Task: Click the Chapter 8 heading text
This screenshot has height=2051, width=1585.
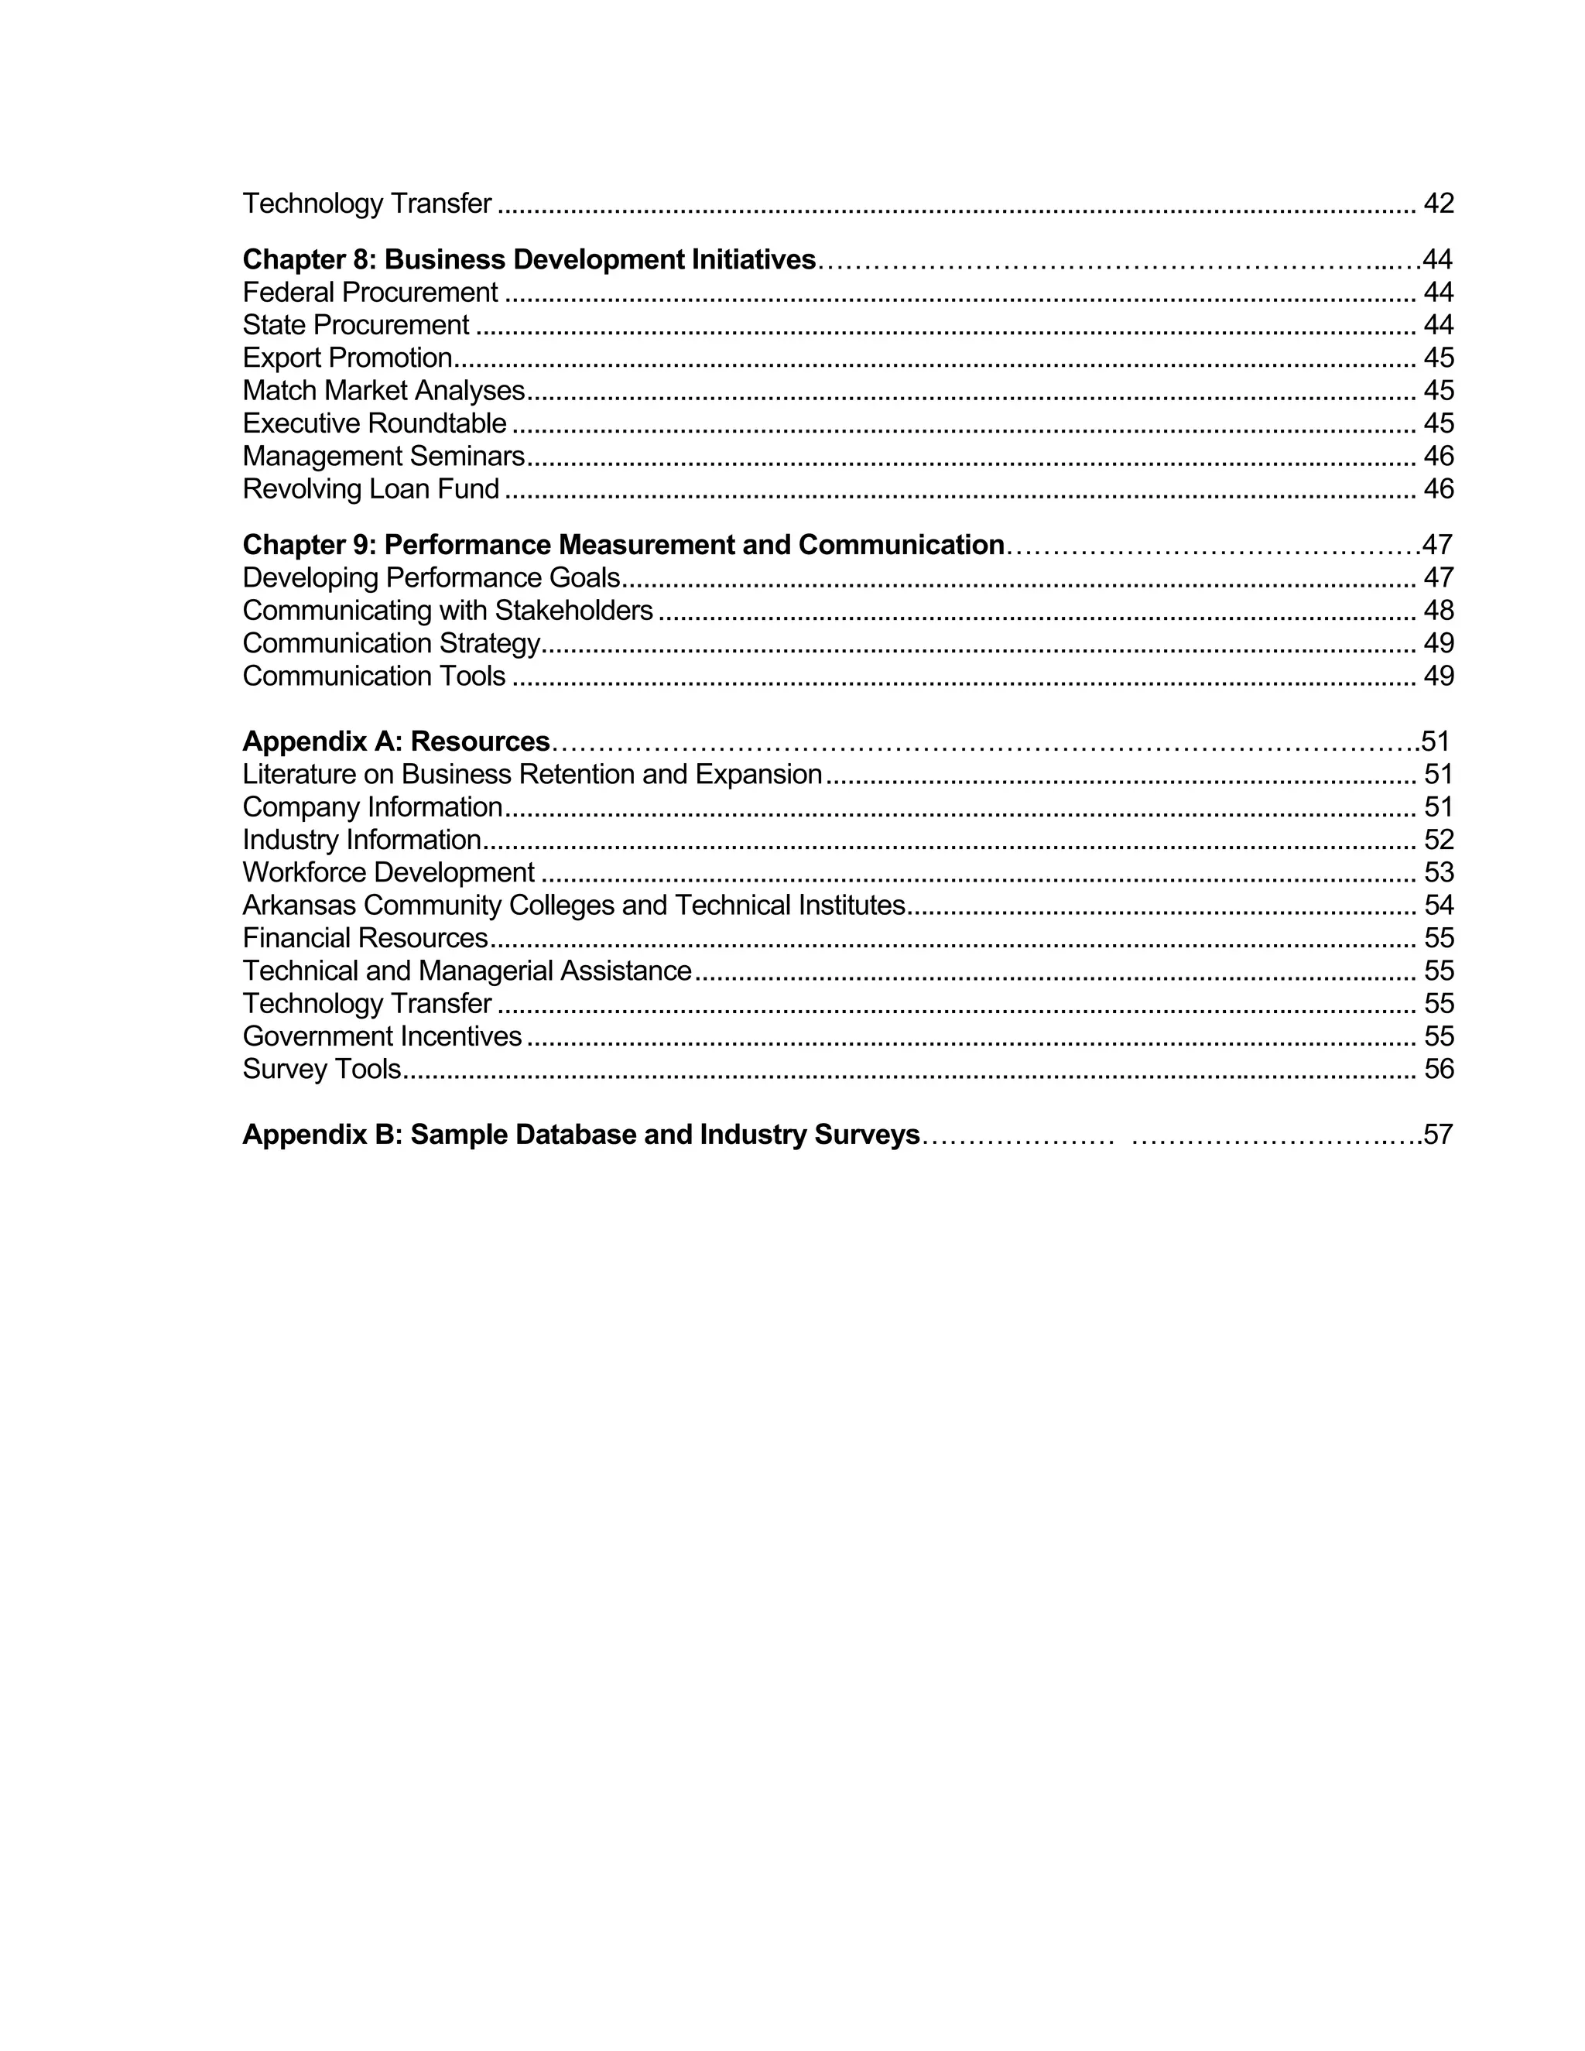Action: coord(529,259)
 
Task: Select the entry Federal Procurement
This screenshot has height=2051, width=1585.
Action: coord(370,292)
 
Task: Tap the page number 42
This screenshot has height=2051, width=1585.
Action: coord(1438,203)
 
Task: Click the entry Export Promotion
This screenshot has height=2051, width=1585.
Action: coord(347,358)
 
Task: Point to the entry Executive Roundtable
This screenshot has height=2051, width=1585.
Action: coord(374,423)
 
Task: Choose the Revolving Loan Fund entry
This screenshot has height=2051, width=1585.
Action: coord(370,489)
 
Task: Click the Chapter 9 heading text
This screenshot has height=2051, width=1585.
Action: coord(622,545)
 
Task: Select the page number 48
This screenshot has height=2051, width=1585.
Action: coord(1438,611)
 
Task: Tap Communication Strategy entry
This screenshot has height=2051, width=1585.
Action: coord(391,643)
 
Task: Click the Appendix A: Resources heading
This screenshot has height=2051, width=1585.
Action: coord(395,741)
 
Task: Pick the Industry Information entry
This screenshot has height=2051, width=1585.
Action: coord(361,840)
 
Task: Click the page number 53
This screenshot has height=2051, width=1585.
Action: coord(1438,872)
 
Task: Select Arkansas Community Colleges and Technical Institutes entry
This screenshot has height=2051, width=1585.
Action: coord(573,906)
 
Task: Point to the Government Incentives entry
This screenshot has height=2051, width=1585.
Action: coord(382,1036)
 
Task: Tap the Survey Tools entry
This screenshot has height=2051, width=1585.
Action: coord(321,1069)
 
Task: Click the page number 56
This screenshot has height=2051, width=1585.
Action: coord(1438,1069)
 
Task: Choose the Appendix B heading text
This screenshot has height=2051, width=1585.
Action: coord(580,1135)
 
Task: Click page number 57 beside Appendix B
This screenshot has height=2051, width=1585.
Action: coord(1438,1135)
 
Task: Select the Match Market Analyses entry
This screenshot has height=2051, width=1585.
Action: coord(383,391)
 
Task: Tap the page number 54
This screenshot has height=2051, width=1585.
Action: coord(1438,906)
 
